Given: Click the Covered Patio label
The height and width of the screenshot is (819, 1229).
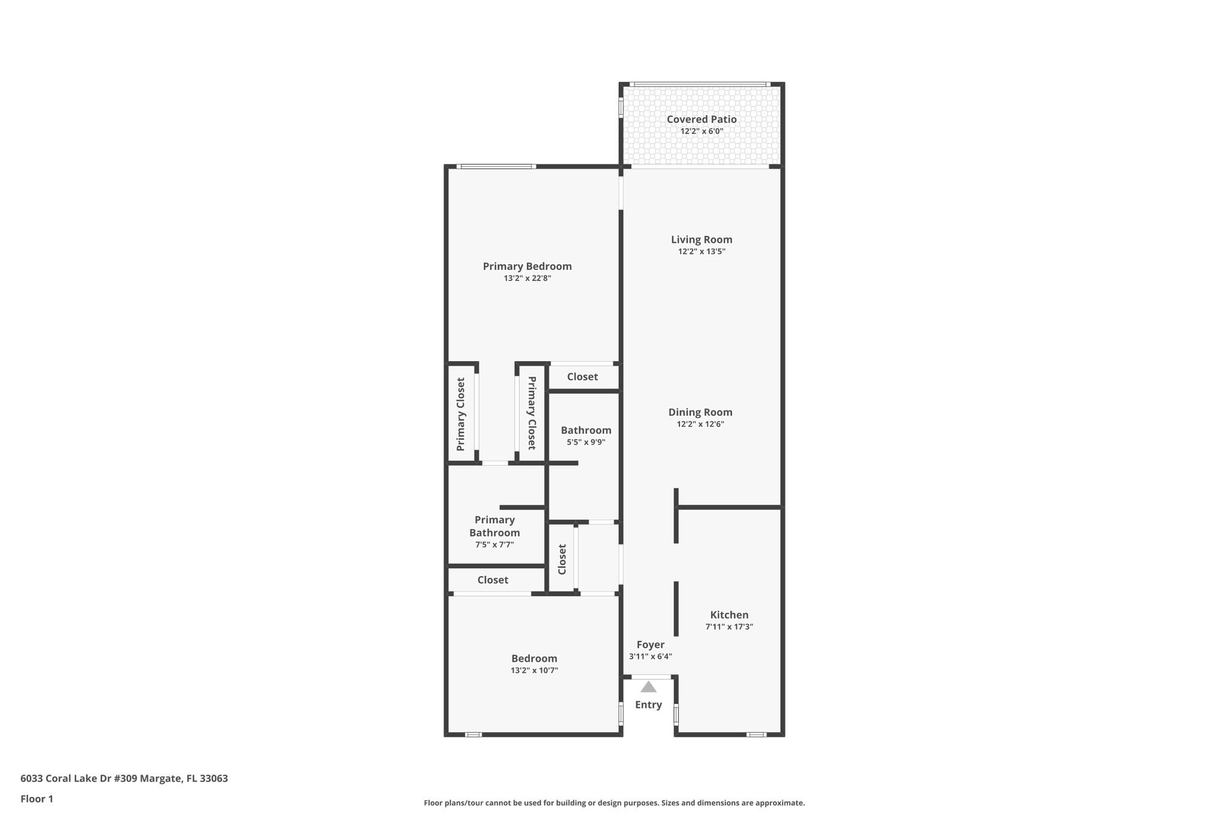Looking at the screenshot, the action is click(702, 119).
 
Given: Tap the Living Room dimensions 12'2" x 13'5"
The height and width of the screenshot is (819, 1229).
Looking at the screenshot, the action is click(702, 251).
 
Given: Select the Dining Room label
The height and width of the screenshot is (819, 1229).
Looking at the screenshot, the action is click(700, 412).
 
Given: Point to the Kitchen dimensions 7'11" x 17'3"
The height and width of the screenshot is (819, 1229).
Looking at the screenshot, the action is click(729, 627).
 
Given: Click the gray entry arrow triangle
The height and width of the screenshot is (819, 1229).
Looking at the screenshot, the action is click(649, 688).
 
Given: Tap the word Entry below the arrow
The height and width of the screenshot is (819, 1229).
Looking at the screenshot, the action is click(649, 705).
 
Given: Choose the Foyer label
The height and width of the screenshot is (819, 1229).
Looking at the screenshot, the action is click(651, 644).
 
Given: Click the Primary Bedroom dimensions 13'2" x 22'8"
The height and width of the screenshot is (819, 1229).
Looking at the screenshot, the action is click(527, 278).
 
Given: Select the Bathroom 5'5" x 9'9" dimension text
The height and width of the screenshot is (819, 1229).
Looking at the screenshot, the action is click(586, 443).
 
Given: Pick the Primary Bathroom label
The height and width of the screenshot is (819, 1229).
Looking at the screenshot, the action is click(494, 526).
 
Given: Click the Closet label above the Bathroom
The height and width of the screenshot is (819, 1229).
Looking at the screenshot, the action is click(582, 377).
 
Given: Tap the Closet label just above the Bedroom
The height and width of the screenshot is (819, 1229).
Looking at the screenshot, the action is click(493, 580).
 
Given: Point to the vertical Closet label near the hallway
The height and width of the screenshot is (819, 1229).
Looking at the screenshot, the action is click(562, 559).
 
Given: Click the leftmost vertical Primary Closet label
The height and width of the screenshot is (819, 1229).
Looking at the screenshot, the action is click(461, 414).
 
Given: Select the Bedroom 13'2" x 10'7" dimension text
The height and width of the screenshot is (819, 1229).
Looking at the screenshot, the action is click(535, 671).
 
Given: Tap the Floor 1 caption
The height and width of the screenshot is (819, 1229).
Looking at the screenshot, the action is click(37, 799).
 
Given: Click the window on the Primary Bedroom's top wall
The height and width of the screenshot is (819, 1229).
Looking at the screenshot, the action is click(496, 166).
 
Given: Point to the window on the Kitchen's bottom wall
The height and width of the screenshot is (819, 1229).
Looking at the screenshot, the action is click(756, 734).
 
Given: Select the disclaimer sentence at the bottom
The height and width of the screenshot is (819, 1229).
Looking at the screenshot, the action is click(614, 803).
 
